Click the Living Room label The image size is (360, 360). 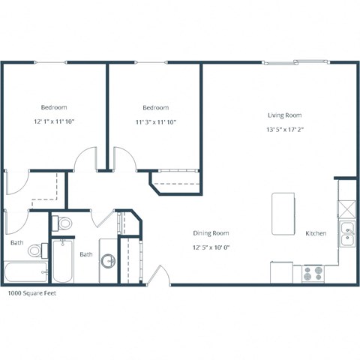pyautogui.click(x=284, y=115)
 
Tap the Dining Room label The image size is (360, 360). pyautogui.click(x=210, y=233)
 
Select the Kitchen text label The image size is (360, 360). pyautogui.click(x=316, y=233)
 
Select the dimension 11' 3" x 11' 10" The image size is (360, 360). pyautogui.click(x=155, y=121)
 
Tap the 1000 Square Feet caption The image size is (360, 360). pyautogui.click(x=31, y=293)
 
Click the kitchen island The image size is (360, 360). pyautogui.click(x=283, y=214)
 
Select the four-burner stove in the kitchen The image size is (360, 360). pyautogui.click(x=312, y=274)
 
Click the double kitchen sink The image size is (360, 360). pyautogui.click(x=347, y=233)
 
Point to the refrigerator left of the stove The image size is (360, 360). pyautogui.click(x=282, y=272)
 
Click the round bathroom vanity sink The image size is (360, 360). pyautogui.click(x=108, y=261)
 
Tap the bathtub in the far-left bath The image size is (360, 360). pyautogui.click(x=26, y=272)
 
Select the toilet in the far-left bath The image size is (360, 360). pyautogui.click(x=35, y=249)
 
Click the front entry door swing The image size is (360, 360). pyautogui.click(x=157, y=277)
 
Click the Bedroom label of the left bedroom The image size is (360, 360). pyautogui.click(x=53, y=107)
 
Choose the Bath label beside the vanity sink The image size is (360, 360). pyautogui.click(x=86, y=254)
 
